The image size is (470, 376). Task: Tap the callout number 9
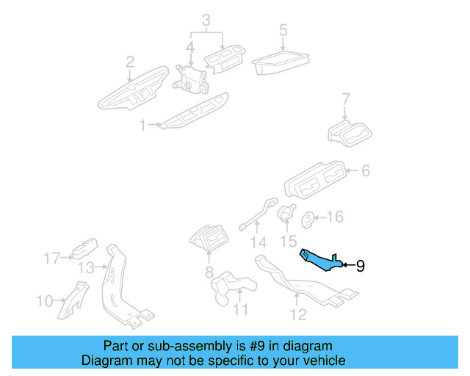click(x=360, y=266)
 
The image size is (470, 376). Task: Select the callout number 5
click(x=283, y=31)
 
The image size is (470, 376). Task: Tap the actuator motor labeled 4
click(x=191, y=76)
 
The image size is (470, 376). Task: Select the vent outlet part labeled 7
click(x=350, y=134)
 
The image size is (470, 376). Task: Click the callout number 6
click(x=365, y=171)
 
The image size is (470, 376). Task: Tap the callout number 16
click(x=334, y=217)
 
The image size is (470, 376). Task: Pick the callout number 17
click(x=51, y=258)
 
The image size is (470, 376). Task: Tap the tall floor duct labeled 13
click(x=120, y=286)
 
